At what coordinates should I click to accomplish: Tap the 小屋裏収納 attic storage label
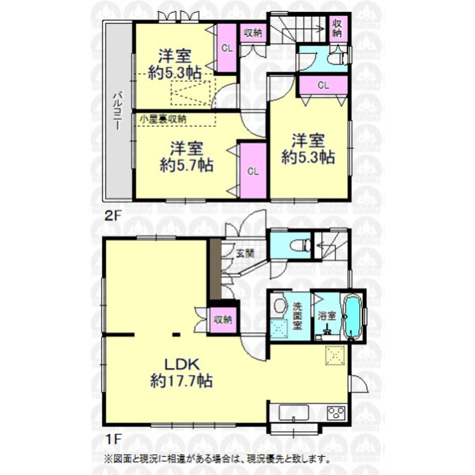[163, 118]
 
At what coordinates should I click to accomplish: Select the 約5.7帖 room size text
[186, 167]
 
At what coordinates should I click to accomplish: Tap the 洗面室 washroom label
[298, 314]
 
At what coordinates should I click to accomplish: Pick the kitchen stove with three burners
[334, 413]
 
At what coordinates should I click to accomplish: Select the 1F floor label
[111, 436]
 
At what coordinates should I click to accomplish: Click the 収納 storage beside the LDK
[222, 320]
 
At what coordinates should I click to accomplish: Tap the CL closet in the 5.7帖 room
[252, 171]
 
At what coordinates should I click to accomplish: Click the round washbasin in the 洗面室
[279, 307]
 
